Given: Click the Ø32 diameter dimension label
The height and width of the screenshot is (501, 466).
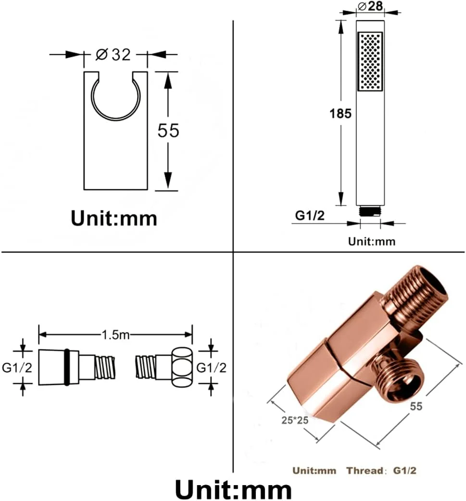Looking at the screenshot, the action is click(x=113, y=55).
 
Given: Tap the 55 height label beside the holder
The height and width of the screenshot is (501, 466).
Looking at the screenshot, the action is click(x=168, y=130).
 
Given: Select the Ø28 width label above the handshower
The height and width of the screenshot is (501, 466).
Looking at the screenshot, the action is click(x=370, y=6).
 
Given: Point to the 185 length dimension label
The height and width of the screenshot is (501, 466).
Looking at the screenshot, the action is click(x=340, y=114).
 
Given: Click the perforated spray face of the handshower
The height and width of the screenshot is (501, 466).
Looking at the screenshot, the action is click(x=370, y=61).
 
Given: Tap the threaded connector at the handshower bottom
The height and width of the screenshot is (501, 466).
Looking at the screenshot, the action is click(x=370, y=211).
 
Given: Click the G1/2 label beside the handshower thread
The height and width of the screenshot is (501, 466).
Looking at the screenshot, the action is click(x=310, y=216).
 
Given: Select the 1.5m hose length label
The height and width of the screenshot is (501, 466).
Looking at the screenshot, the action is click(x=115, y=335).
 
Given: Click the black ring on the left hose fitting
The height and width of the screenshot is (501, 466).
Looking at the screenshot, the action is click(x=67, y=367).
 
